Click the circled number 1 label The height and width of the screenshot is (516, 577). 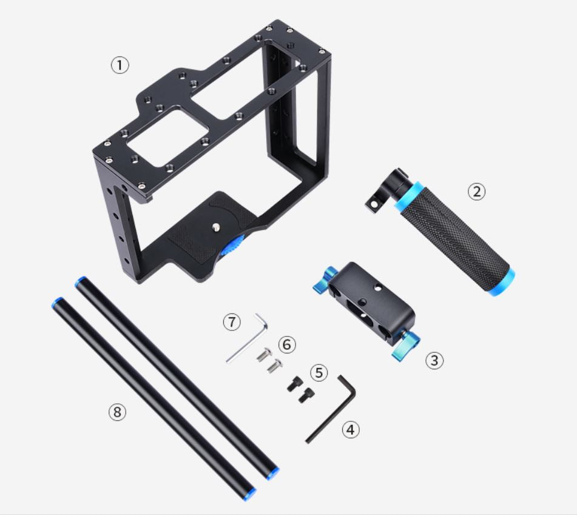click(120, 65)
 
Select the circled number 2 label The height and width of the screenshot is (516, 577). click(476, 191)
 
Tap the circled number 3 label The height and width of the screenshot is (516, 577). click(434, 360)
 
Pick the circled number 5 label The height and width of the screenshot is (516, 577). click(319, 372)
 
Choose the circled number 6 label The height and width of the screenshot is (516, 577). click(287, 344)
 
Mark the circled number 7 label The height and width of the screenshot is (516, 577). click(231, 322)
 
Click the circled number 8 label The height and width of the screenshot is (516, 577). click(116, 412)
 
